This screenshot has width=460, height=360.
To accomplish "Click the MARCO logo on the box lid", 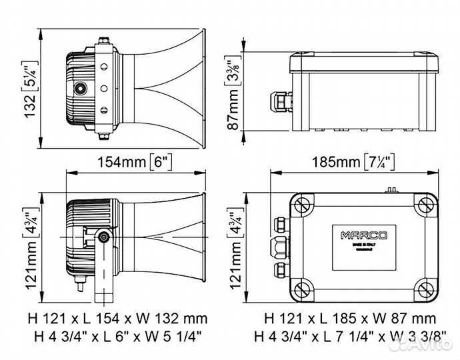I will click(x=358, y=235).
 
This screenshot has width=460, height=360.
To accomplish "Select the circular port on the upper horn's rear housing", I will click(x=81, y=88).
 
